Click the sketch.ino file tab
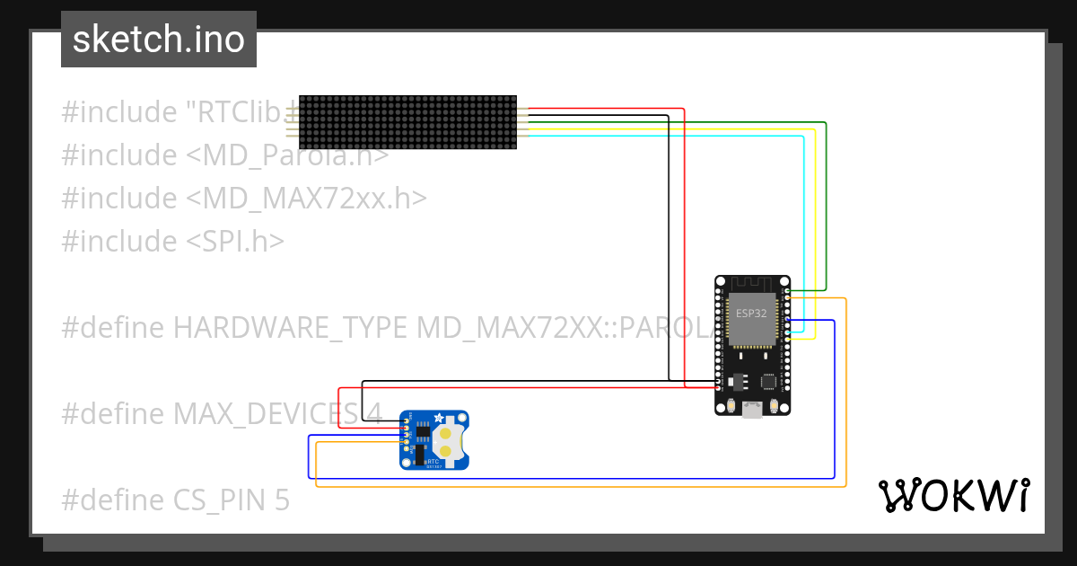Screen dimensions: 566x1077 coord(158,40)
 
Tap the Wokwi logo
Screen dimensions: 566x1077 coord(952,495)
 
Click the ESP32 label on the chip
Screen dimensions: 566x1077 coord(752,314)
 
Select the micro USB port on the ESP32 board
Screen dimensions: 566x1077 coord(752,410)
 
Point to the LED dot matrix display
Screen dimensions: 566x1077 coord(407,121)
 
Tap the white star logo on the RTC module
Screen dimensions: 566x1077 coord(439,418)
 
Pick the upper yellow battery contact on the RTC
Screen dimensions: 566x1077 coord(444,432)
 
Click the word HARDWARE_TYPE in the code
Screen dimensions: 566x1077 coord(291,328)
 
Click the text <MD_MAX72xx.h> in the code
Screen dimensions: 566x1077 coord(307,199)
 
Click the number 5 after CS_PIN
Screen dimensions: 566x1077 coord(282,500)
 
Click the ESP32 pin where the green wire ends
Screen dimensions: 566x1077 coord(787,291)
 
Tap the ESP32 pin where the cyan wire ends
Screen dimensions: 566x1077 coord(787,332)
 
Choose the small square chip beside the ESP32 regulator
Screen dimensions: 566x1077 coord(769,381)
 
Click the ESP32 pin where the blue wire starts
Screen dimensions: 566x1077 coord(787,320)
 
